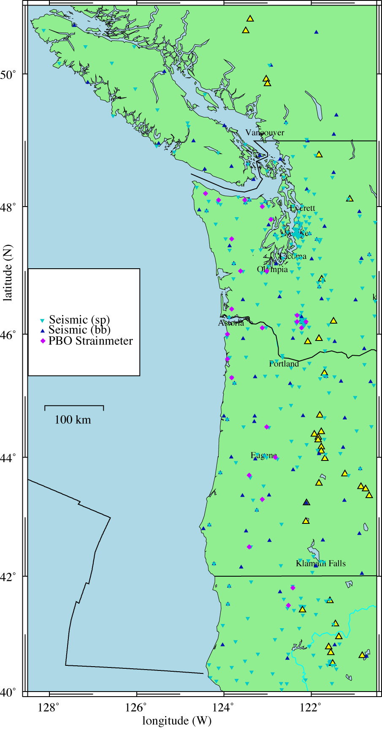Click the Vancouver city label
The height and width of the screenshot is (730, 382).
tap(265, 133)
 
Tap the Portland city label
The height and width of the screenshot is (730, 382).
tap(284, 364)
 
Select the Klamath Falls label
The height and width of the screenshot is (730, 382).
tap(320, 564)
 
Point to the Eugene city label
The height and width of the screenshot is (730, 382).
tap(264, 455)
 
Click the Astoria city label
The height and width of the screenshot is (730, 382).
tap(231, 323)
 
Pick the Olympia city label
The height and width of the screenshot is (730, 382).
tap(272, 270)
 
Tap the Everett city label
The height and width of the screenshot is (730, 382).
tap(303, 208)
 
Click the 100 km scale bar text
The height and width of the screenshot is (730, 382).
tap(73, 420)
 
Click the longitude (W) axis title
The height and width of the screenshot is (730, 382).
tap(177, 721)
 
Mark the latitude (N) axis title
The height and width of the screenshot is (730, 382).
tap(7, 275)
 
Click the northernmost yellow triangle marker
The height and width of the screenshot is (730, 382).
tap(250, 19)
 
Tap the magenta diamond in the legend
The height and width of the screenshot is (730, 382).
tap(42, 341)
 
